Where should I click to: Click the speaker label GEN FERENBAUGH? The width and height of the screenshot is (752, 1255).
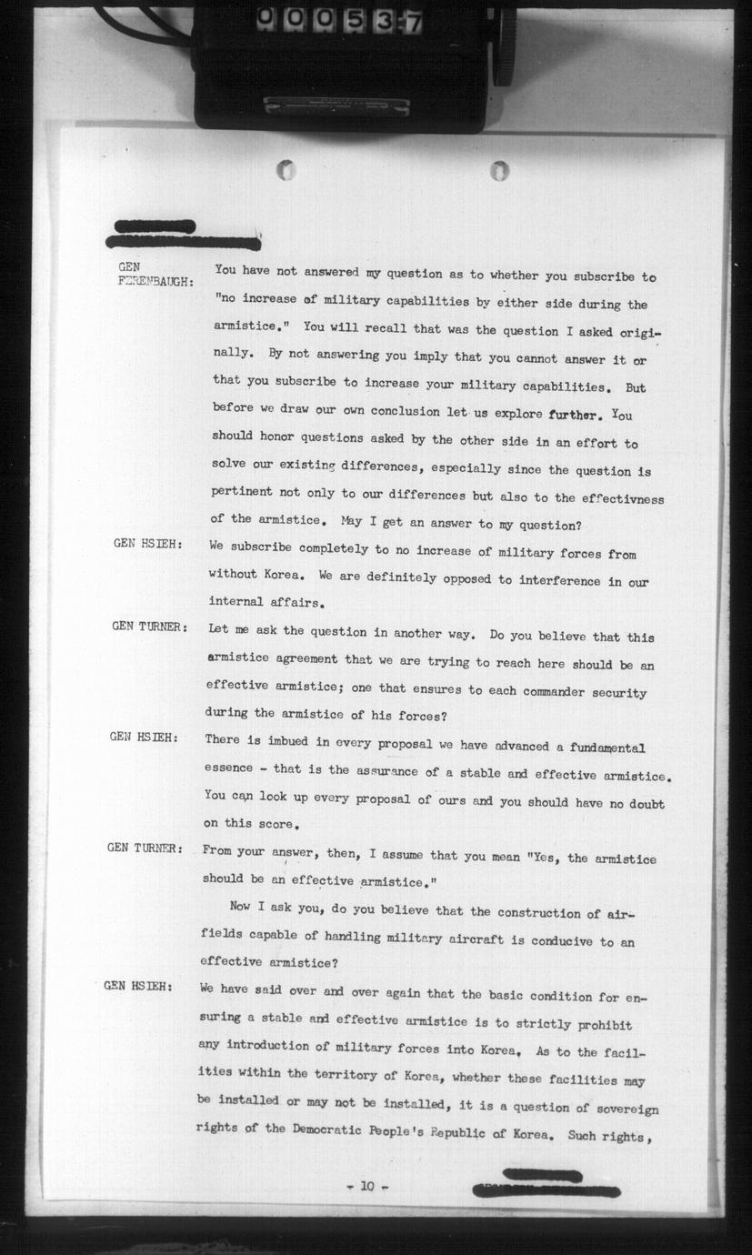pyautogui.click(x=155, y=275)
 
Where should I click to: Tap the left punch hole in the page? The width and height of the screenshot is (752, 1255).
pyautogui.click(x=286, y=170)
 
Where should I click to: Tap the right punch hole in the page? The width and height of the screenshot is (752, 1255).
pyautogui.click(x=499, y=170)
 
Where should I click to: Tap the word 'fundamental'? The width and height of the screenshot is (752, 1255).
pyautogui.click(x=607, y=748)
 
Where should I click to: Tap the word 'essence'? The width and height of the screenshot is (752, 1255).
pyautogui.click(x=229, y=768)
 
